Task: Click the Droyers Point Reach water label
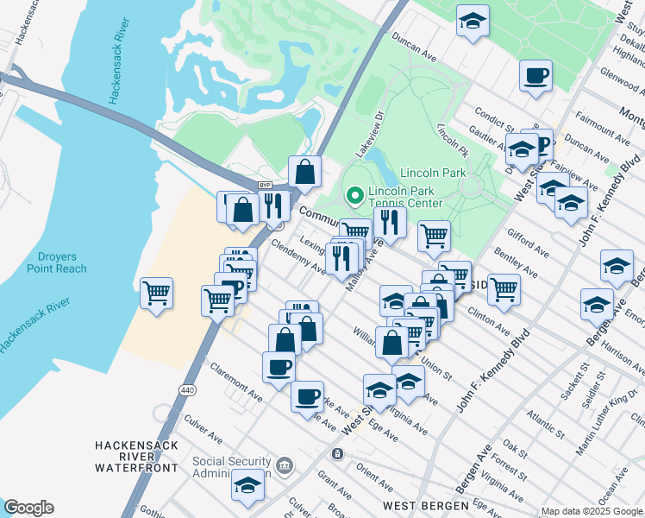pyautogui.click(x=61, y=262)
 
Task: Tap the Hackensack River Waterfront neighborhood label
pyautogui.click(x=137, y=456)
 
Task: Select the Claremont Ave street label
pyautogui.click(x=235, y=382)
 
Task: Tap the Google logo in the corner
pyautogui.click(x=28, y=508)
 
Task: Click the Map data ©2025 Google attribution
pyautogui.click(x=592, y=511)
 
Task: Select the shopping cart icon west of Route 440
pyautogui.click(x=156, y=294)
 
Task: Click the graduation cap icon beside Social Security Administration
pyautogui.click(x=247, y=485)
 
